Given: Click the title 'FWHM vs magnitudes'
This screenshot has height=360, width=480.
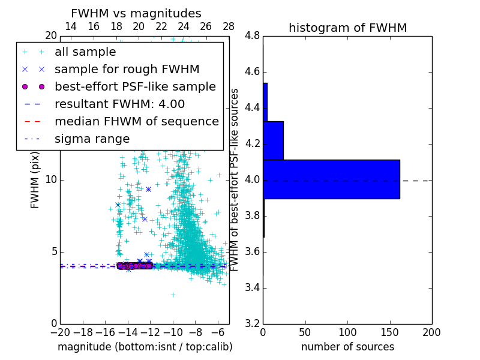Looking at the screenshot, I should point(136,13).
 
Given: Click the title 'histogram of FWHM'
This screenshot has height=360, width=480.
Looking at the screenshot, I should point(347,28).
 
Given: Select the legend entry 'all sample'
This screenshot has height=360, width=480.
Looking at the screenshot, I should point(85,52).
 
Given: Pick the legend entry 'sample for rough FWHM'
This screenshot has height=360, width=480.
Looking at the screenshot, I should point(127,70).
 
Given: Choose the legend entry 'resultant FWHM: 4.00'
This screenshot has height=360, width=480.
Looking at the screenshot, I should point(119,104).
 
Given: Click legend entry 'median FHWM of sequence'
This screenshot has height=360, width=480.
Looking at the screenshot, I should point(136,121).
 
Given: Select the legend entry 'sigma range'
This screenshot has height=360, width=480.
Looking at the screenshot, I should point(92,139).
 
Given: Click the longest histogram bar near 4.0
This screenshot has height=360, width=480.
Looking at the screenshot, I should point(331,179).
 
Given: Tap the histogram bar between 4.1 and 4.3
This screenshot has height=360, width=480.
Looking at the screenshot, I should point(273,140).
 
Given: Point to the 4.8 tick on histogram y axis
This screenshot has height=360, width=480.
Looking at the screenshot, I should point(253,36).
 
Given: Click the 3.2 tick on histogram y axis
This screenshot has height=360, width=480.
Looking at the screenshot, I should point(253,323).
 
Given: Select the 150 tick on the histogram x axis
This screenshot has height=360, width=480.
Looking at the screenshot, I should point(389,332).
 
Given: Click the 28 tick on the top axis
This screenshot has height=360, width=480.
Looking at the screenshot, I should point(229,26).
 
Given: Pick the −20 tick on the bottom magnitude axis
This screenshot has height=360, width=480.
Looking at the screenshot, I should point(60,332).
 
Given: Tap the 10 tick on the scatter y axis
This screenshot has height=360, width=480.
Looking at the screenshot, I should point(51,180).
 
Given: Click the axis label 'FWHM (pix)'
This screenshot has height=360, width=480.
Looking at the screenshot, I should point(35,180).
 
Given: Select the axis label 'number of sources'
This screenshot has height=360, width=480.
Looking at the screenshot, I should point(347,347).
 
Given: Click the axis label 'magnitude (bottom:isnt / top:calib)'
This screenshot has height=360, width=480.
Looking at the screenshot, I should point(145,347).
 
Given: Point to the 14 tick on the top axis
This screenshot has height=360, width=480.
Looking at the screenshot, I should point(70,26).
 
